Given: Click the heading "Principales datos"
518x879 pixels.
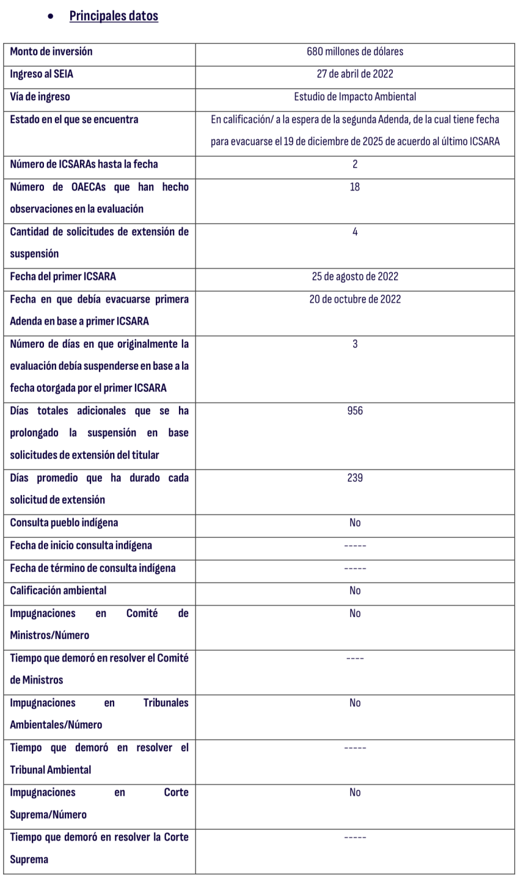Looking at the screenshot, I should pyautogui.click(x=114, y=16).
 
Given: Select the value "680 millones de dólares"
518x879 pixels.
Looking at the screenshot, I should pyautogui.click(x=355, y=52).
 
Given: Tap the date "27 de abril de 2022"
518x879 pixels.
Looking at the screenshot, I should pyautogui.click(x=355, y=74).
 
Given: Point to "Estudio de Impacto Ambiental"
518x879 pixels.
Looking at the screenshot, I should pyautogui.click(x=355, y=96).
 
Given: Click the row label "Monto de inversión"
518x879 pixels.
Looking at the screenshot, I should pyautogui.click(x=51, y=52).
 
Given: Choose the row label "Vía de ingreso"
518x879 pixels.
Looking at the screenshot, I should pyautogui.click(x=40, y=96).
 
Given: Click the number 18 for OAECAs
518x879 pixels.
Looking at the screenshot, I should pyautogui.click(x=355, y=187).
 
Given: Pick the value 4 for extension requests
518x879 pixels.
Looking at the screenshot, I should pyautogui.click(x=355, y=232).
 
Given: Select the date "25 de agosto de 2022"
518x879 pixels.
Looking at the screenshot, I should pyautogui.click(x=355, y=277).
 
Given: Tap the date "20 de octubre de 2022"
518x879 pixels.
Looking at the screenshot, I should pyautogui.click(x=355, y=299).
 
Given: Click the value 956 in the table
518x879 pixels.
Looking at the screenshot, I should pyautogui.click(x=355, y=411).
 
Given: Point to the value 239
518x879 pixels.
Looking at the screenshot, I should pyautogui.click(x=355, y=478).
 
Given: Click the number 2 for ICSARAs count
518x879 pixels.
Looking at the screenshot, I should pyautogui.click(x=355, y=164).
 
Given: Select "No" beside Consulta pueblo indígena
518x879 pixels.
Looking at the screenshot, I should pyautogui.click(x=355, y=523).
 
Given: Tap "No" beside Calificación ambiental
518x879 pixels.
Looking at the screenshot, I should pyautogui.click(x=355, y=591).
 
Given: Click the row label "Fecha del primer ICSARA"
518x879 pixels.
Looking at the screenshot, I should pyautogui.click(x=63, y=277).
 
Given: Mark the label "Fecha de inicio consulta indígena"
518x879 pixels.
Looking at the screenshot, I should pyautogui.click(x=81, y=546).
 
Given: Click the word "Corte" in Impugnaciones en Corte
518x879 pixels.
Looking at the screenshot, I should pyautogui.click(x=176, y=792).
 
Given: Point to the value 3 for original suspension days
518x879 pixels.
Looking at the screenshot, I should pyautogui.click(x=355, y=344).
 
